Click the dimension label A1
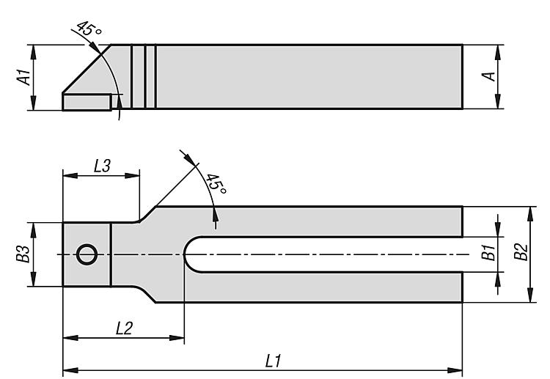(x=24, y=77)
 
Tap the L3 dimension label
(x=103, y=166)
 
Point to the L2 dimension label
(x=124, y=328)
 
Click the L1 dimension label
(x=274, y=361)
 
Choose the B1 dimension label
(x=488, y=252)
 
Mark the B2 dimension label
(x=521, y=251)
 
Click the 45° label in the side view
(x=89, y=29)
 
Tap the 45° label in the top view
(x=216, y=183)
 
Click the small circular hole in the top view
(x=87, y=254)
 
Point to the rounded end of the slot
(x=189, y=254)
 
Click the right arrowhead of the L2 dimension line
(x=177, y=338)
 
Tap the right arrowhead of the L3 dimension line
(x=132, y=175)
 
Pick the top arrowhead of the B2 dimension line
(x=531, y=214)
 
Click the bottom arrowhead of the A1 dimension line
(x=33, y=103)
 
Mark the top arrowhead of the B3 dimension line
(x=33, y=229)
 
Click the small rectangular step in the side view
(x=87, y=102)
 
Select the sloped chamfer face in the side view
(x=87, y=69)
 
